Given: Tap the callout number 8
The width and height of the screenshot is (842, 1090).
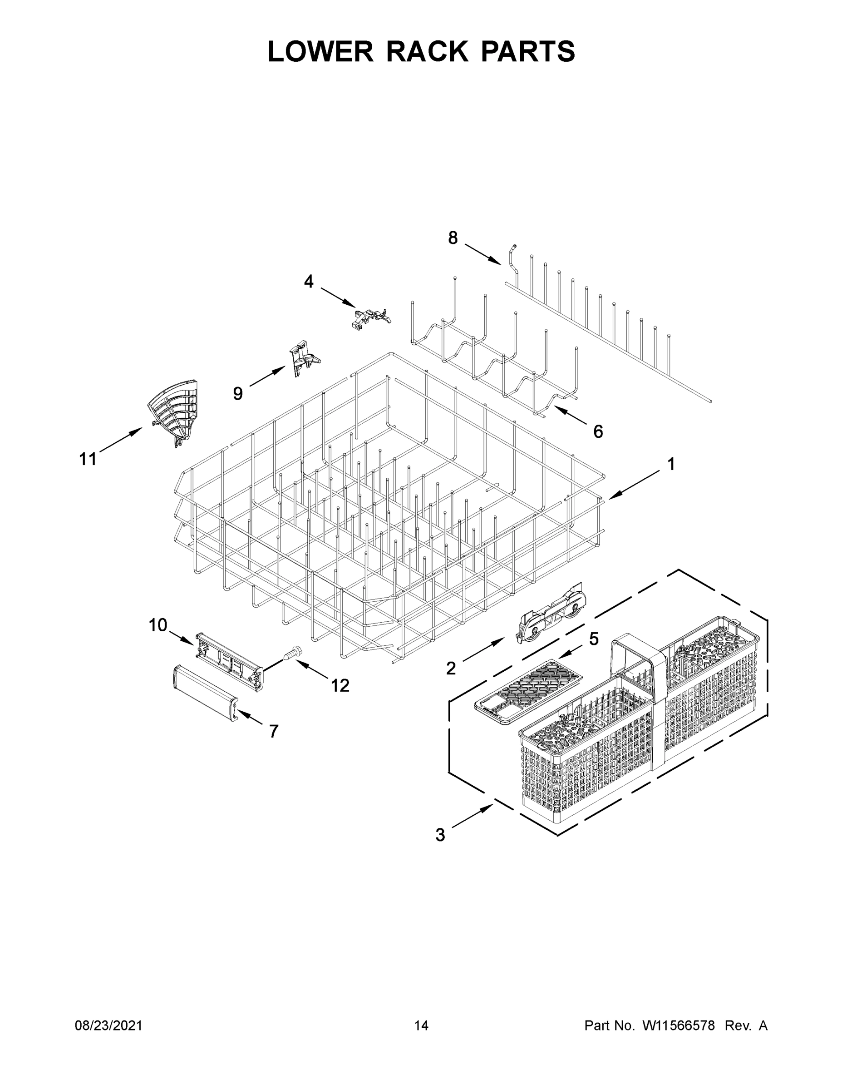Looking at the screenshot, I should pyautogui.click(x=453, y=238).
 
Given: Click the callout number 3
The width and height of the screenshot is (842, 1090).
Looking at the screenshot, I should pyautogui.click(x=440, y=834).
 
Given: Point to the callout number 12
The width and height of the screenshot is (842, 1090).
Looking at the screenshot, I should pyautogui.click(x=340, y=686).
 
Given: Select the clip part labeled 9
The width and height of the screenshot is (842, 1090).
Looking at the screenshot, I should pyautogui.click(x=303, y=358).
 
